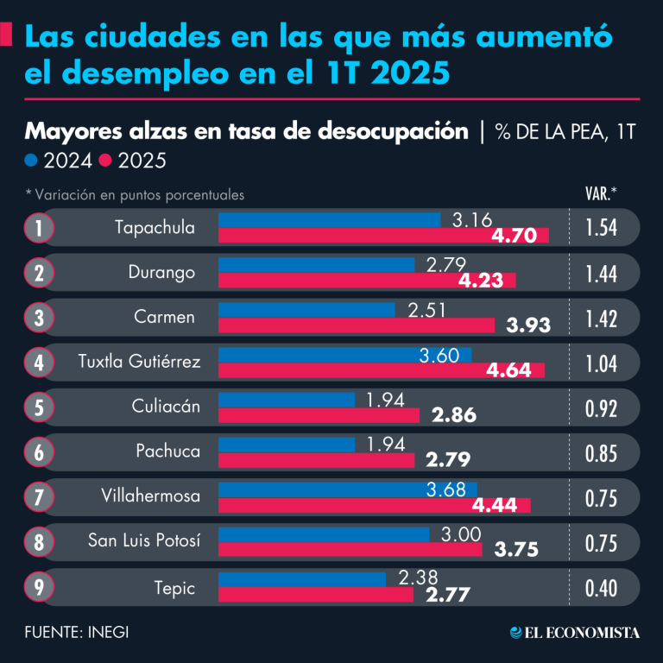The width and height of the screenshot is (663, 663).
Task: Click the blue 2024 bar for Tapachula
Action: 330,220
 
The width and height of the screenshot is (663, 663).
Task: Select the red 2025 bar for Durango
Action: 367,281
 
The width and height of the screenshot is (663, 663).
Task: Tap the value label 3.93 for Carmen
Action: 528,325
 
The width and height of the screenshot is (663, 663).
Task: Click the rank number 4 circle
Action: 39,363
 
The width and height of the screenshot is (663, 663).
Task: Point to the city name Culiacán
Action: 166,407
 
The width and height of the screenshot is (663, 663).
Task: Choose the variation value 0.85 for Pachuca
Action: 601,454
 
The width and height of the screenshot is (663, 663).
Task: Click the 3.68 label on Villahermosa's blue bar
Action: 445,489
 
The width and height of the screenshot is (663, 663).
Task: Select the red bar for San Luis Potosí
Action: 350,550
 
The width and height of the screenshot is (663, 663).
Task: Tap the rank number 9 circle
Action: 39,587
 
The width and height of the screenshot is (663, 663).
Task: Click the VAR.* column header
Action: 601,193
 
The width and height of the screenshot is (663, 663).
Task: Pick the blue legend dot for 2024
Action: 31,161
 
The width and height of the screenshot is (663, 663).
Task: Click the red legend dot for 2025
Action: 104,161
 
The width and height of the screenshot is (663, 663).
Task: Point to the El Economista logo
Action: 575,633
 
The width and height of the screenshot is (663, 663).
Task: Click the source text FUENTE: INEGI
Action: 77,633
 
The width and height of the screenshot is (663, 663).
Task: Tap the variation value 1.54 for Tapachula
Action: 601,228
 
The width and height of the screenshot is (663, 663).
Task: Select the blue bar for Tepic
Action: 302,580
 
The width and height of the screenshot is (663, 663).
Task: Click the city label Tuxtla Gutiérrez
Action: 139,362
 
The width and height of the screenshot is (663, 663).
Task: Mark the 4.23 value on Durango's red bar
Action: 481,281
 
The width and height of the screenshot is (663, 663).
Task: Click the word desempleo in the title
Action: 145,73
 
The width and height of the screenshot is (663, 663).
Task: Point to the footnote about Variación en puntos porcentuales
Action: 135,195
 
